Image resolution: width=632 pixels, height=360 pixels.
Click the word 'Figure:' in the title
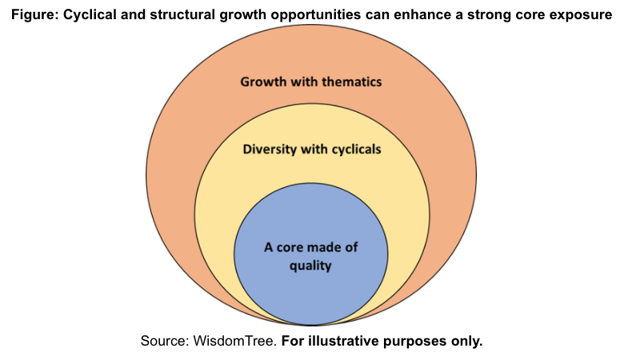35,15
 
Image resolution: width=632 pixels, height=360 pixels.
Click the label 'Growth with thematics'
311,82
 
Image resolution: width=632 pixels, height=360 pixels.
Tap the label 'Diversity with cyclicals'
311,150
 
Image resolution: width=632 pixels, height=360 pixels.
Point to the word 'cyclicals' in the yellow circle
356,150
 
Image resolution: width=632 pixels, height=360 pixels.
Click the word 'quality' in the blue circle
310,266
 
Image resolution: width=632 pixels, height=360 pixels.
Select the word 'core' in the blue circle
290,247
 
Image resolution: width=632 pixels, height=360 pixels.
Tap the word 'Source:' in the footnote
165,341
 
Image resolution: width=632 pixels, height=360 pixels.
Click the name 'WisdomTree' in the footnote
234,341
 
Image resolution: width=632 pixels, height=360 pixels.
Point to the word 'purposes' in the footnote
415,342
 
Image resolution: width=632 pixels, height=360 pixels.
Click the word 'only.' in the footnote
466,341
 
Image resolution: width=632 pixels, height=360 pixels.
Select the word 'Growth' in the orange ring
263,82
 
